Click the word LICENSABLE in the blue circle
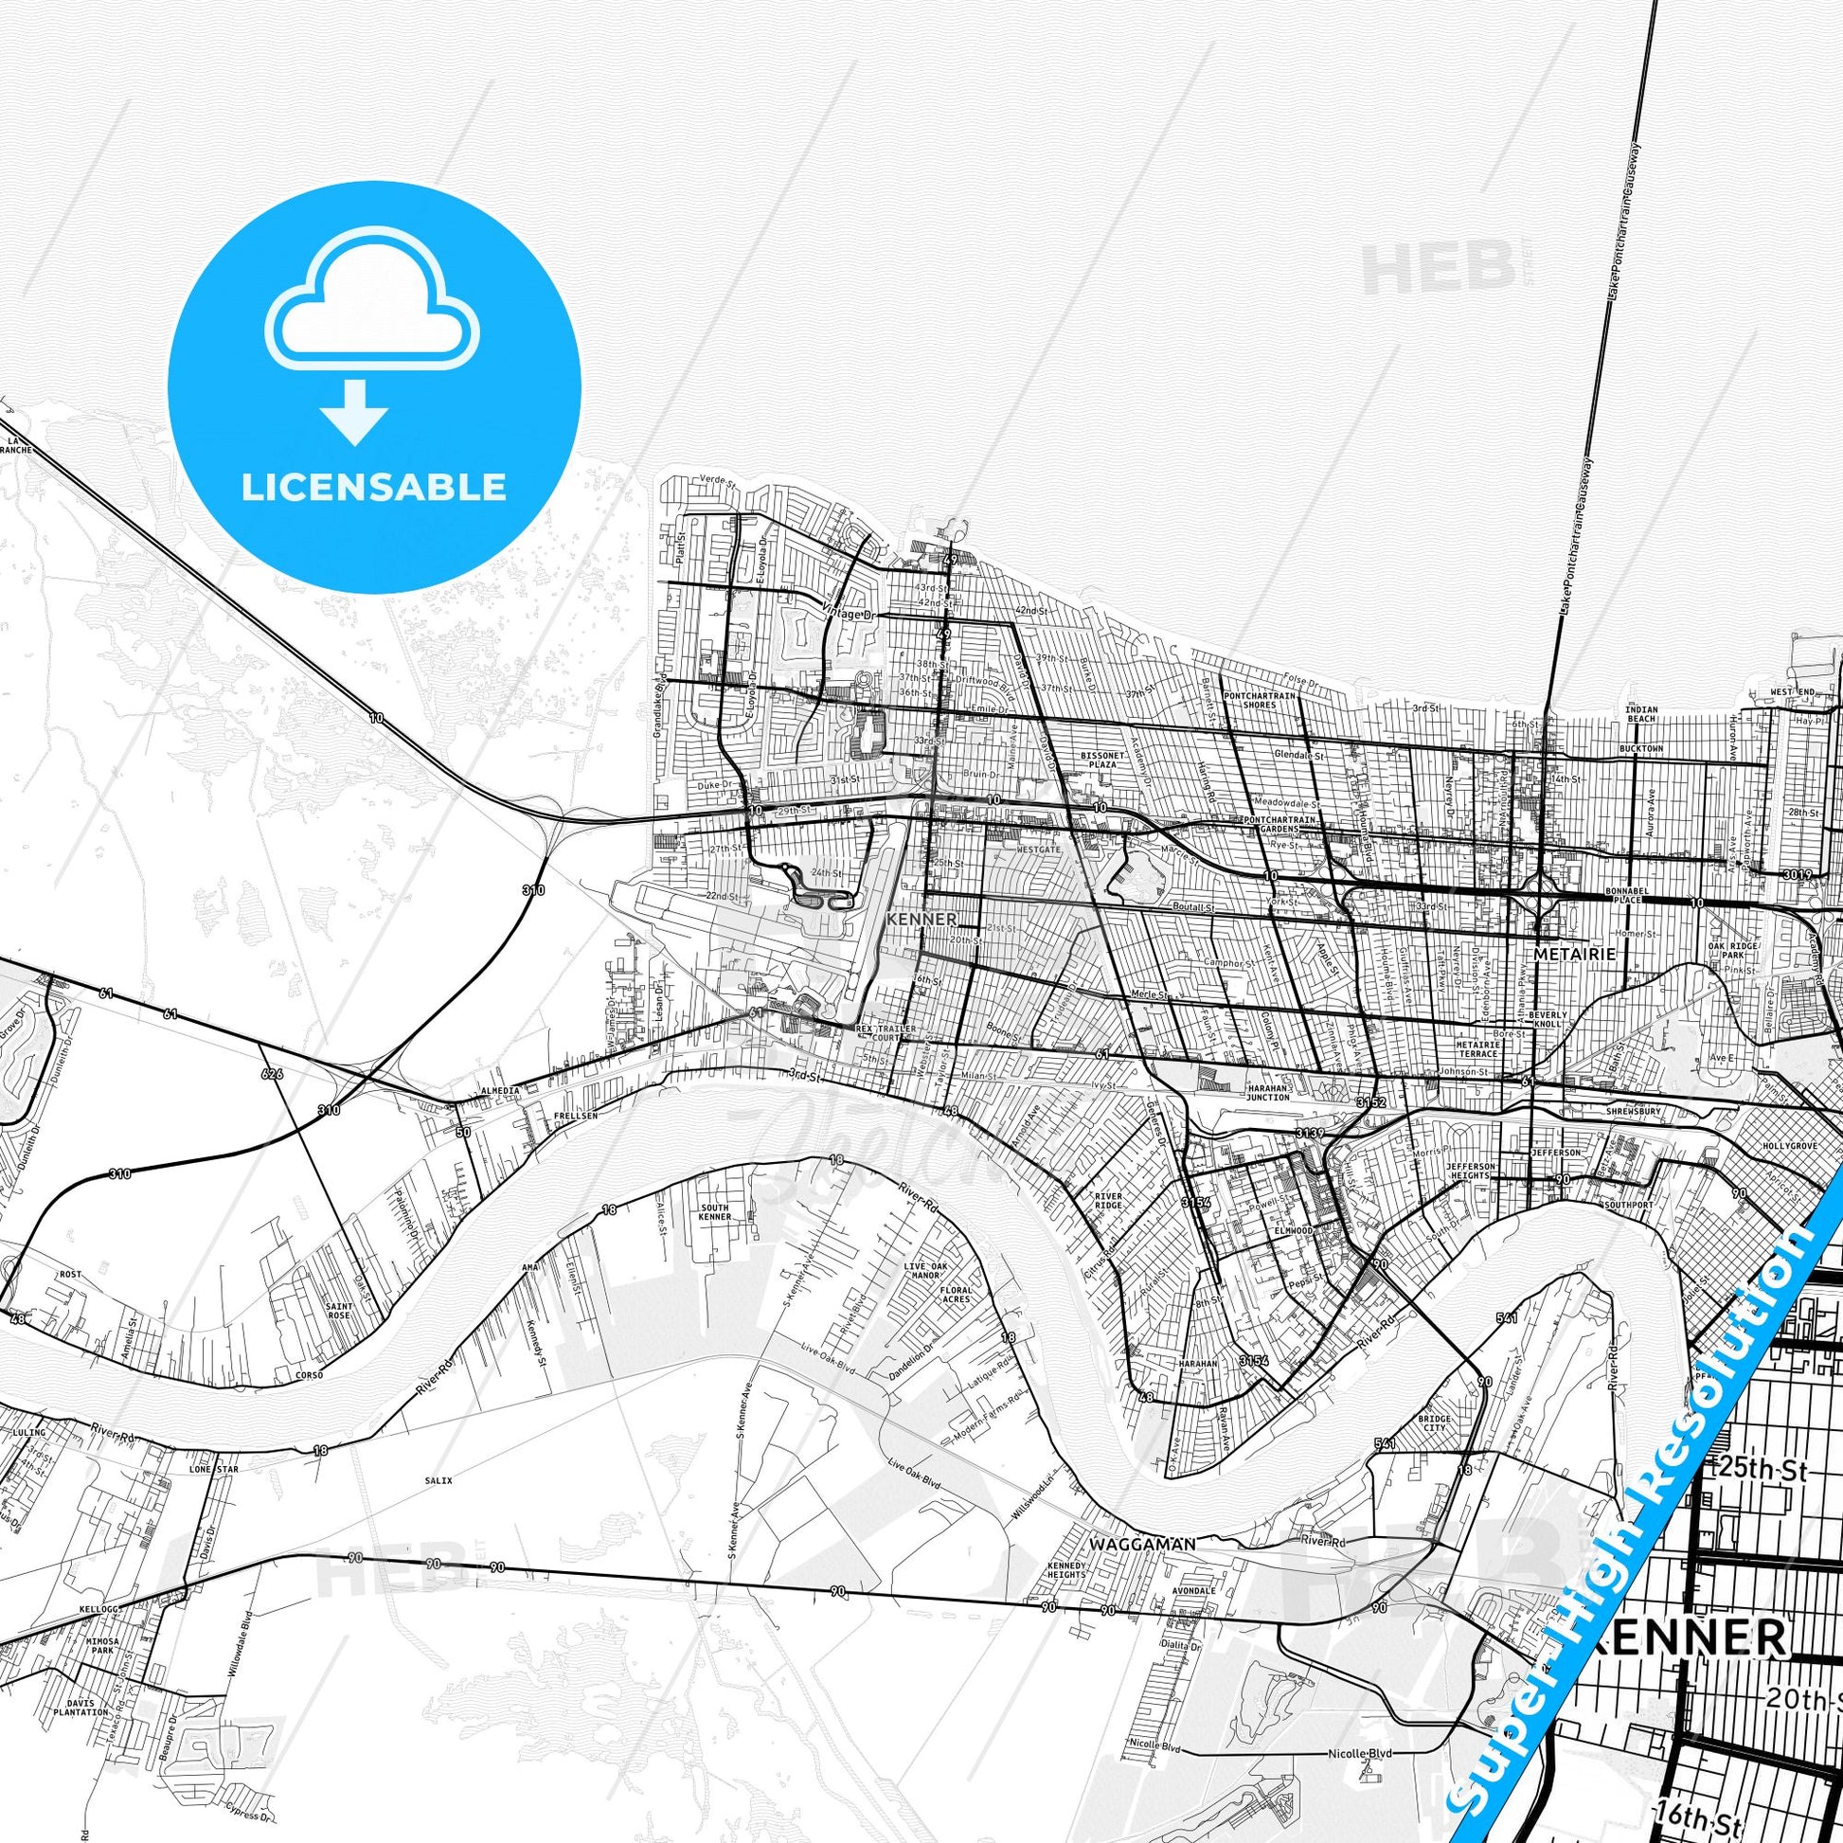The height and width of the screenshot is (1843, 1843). (373, 488)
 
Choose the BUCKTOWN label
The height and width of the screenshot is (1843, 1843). (1639, 749)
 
